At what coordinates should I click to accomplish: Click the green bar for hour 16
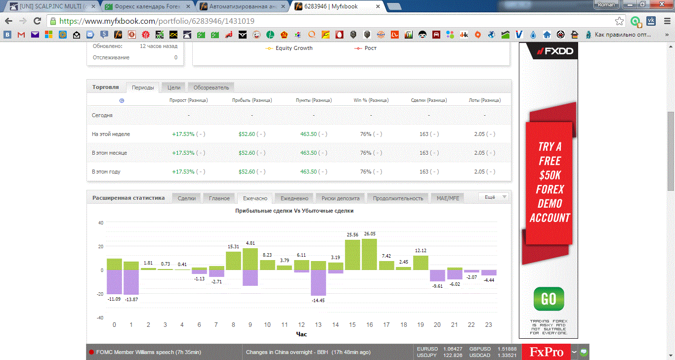pos(369,254)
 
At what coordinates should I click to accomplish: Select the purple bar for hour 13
pos(318,283)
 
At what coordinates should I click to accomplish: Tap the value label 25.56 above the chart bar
pos(352,234)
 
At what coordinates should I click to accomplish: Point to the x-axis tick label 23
pos(488,325)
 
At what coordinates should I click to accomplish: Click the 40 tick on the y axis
pos(101,223)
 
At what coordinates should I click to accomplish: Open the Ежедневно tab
pos(294,198)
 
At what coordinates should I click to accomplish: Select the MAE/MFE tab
pos(448,198)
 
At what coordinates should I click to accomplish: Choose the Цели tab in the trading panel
pos(174,88)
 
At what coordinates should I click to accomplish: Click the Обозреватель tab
pos(211,88)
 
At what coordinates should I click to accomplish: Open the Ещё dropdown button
pos(494,197)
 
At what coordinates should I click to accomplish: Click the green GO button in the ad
pos(548,299)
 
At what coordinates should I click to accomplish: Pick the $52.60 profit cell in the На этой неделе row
pos(247,134)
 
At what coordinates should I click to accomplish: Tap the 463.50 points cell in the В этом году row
pos(308,172)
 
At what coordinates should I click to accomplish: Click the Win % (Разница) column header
pos(371,100)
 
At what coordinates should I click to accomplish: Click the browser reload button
pos(37,21)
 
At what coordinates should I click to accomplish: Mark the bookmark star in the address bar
pos(619,21)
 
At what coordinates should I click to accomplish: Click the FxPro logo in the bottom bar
pos(546,352)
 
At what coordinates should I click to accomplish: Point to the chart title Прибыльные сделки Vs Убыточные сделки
pos(294,211)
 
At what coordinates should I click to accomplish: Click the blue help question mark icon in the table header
pos(122,101)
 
